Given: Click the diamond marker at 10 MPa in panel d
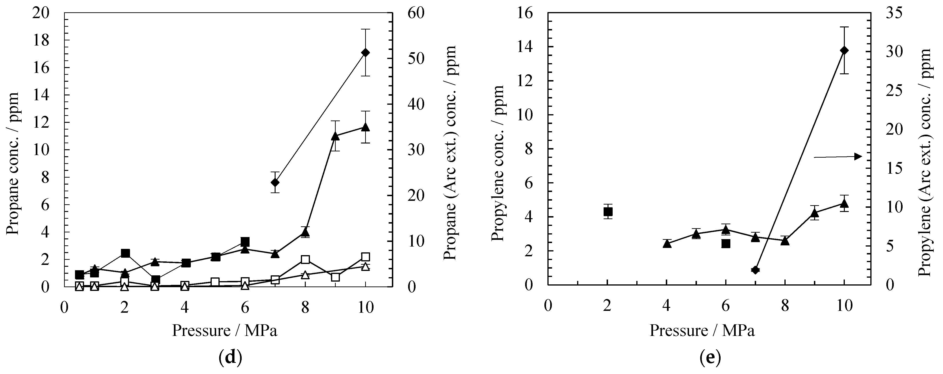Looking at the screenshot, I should (365, 52).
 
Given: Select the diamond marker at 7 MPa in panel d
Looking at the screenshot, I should (275, 182).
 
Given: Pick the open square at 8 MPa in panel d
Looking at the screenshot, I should (305, 260).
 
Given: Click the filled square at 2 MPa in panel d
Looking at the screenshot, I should (125, 253).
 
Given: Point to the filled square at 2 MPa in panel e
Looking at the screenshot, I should (608, 211).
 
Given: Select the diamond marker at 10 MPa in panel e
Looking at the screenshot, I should (844, 50).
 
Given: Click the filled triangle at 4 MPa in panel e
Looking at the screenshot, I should (667, 243).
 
